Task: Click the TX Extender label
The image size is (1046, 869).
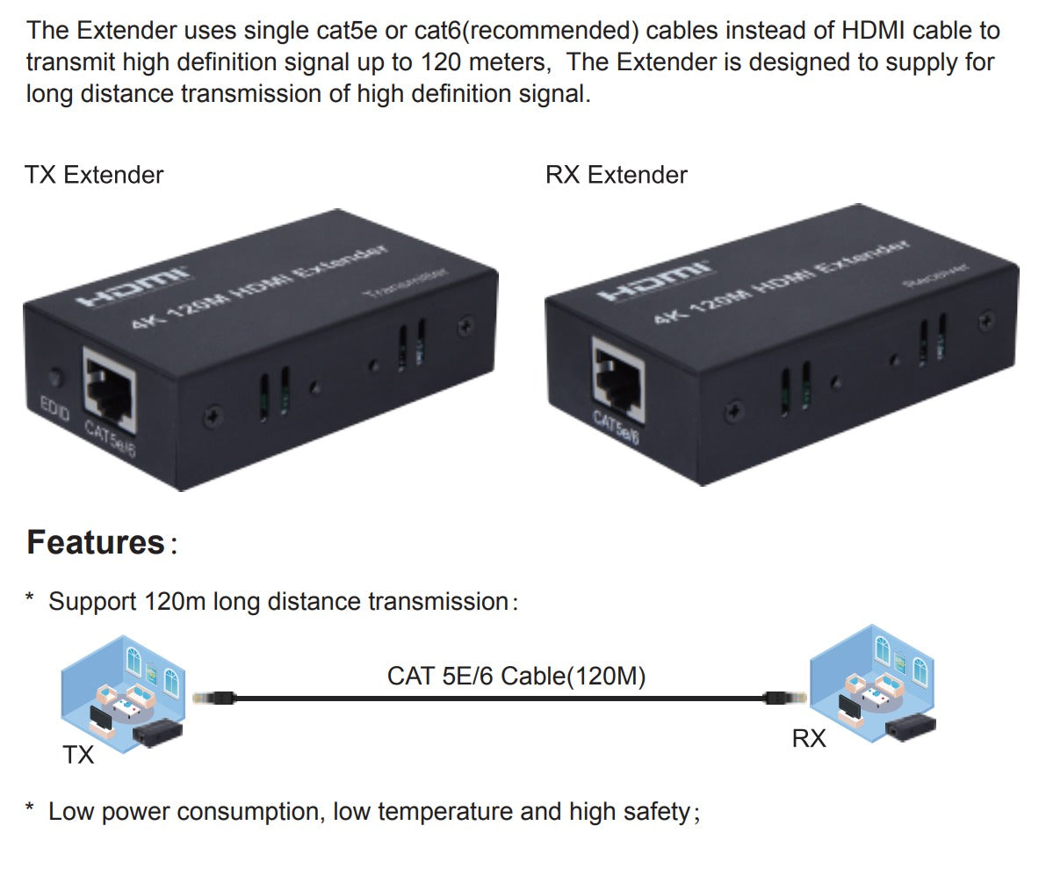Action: point(95,175)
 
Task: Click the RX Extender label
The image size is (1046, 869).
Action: point(617,175)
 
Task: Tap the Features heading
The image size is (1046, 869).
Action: point(96,542)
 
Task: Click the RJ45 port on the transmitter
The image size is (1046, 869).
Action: point(110,387)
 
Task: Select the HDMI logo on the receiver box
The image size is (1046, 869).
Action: point(653,280)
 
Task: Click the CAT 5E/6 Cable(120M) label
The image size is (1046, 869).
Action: point(516,677)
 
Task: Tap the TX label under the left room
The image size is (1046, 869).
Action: point(78,755)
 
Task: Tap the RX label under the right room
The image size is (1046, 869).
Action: point(809,739)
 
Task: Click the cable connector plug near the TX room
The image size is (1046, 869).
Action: point(213,698)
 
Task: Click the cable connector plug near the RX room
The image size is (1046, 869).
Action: point(775,698)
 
